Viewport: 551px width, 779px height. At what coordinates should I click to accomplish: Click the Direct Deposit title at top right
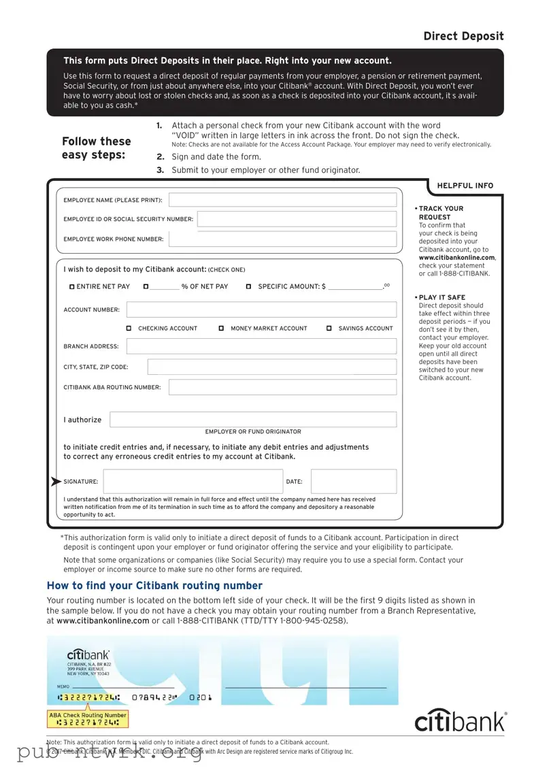[463, 36]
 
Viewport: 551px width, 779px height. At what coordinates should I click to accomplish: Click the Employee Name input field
[282, 200]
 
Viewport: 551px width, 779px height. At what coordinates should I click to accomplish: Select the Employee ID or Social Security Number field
[297, 219]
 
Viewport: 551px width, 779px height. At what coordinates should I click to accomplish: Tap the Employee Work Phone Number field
[282, 239]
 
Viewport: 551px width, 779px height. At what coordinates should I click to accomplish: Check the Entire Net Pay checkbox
[72, 287]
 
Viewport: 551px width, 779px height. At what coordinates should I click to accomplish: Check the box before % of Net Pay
[146, 287]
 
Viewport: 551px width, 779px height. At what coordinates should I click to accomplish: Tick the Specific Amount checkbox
[248, 287]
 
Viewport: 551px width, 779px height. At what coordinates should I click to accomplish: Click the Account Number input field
[261, 310]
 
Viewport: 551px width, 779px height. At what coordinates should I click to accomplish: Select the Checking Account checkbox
[129, 329]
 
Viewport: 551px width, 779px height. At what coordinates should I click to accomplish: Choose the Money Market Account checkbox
[222, 329]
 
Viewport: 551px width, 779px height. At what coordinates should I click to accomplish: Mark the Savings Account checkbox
[329, 329]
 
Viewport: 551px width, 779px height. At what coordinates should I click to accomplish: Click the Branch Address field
[261, 346]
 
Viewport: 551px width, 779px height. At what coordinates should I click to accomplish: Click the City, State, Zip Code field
[271, 367]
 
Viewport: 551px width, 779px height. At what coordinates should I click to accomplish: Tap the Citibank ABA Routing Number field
[282, 387]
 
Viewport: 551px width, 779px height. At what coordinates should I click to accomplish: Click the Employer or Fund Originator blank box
[253, 420]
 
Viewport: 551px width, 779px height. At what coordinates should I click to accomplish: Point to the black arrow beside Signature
[56, 482]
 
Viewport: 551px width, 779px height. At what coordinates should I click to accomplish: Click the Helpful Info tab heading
[465, 186]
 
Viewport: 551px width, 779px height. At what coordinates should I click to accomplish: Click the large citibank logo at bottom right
[461, 720]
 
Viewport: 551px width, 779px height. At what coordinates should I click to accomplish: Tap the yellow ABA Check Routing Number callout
[87, 718]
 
